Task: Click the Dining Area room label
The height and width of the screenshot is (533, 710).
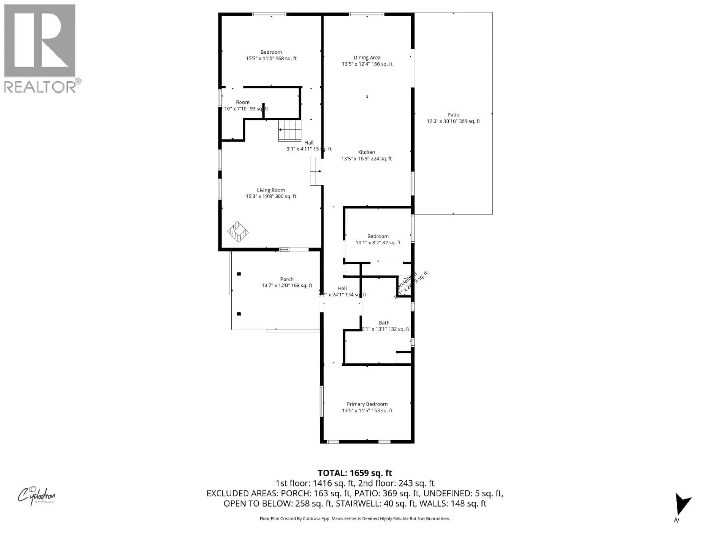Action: click(367, 58)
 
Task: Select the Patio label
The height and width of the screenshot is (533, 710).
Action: click(453, 115)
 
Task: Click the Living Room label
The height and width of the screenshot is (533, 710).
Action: click(271, 190)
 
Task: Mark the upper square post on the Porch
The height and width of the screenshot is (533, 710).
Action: click(239, 274)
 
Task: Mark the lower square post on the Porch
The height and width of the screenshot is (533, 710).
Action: click(239, 314)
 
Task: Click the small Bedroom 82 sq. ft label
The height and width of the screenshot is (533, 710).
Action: click(378, 236)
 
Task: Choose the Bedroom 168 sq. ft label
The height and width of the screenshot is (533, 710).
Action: click(271, 52)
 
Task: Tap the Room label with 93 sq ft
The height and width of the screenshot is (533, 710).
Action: click(243, 102)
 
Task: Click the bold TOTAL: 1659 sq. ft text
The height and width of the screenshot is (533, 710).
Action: click(355, 473)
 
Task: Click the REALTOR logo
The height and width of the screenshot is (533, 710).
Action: click(40, 48)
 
